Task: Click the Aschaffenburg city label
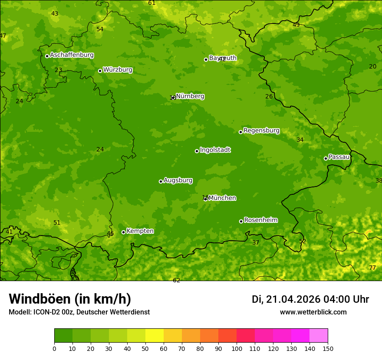point(72,55)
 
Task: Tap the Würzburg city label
point(118,70)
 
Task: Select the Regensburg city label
point(261,131)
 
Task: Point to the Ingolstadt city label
point(215,150)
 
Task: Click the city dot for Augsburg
point(161,181)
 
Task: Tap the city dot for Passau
point(326,158)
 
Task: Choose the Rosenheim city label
point(260,220)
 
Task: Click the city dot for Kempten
point(123,232)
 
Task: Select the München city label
point(222,198)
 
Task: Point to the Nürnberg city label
point(190,96)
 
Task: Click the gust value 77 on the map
point(372,268)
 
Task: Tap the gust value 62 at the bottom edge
point(176,281)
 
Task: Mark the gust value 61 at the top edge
point(151,3)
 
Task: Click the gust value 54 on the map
point(100,29)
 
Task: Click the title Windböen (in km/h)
point(70,299)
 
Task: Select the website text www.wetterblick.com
point(313,312)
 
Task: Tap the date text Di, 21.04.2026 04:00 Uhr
point(310,299)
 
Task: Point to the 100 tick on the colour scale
point(237,348)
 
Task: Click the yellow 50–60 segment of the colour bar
point(155,335)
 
